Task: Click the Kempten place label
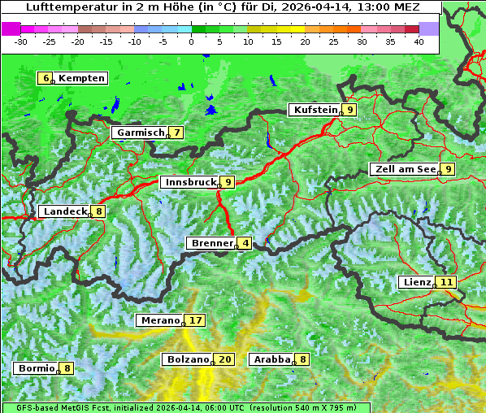pos(81,78)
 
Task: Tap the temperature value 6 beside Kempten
pos(46,78)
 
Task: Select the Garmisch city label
pos(140,133)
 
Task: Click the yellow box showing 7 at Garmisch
pos(176,133)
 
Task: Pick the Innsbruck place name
pos(189,182)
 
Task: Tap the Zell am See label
pos(404,169)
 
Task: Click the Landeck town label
pos(64,211)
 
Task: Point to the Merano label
pos(159,320)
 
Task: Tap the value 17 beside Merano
pos(196,320)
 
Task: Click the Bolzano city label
pos(188,359)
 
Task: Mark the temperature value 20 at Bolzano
pos(225,359)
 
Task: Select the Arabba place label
pos(271,359)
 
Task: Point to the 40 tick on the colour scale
pos(419,41)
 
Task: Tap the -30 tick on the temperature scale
pos(21,41)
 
